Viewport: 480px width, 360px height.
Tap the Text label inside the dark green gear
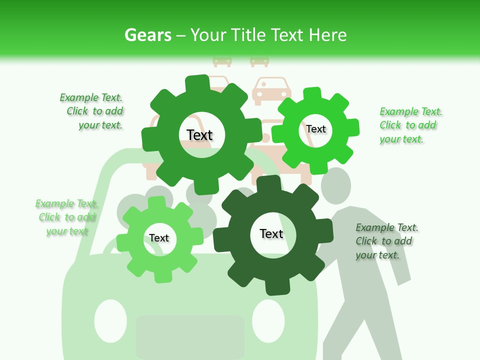[199, 135]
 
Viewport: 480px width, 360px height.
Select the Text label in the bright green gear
[316, 129]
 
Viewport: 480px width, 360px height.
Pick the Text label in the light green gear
[159, 238]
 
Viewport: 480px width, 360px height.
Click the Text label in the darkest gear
[271, 233]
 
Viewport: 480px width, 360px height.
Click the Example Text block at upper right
[410, 125]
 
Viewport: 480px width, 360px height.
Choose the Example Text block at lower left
[66, 217]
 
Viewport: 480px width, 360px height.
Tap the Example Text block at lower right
[386, 241]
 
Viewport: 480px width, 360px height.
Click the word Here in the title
[327, 35]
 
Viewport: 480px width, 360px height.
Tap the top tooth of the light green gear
[156, 202]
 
